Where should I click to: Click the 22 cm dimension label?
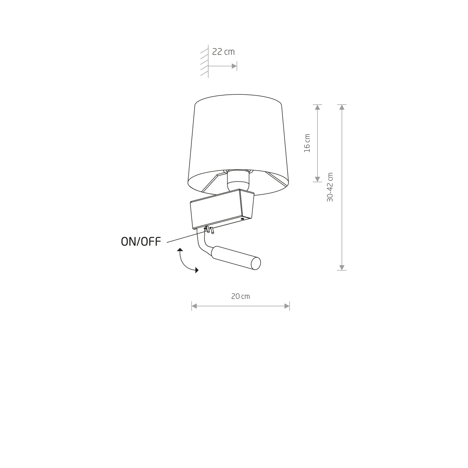coord(223,52)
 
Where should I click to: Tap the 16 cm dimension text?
coord(307,143)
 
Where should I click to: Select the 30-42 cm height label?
coord(330,187)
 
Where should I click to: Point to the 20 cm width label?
coord(240,296)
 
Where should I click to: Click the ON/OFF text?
coord(141,242)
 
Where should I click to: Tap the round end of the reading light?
coord(256,263)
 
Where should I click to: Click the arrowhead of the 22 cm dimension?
coord(234,66)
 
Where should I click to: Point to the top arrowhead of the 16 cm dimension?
coord(317,107)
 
